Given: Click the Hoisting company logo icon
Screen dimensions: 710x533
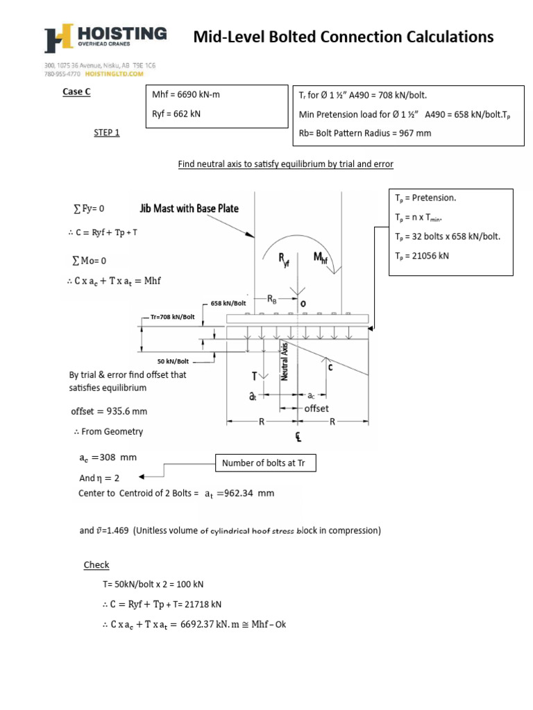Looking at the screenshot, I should pyautogui.click(x=58, y=40).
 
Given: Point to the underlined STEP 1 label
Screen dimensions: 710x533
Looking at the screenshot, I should pyautogui.click(x=106, y=132).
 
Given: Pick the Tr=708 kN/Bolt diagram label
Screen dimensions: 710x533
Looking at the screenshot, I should pyautogui.click(x=173, y=317).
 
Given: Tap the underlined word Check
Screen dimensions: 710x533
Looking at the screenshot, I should pyautogui.click(x=96, y=565).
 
